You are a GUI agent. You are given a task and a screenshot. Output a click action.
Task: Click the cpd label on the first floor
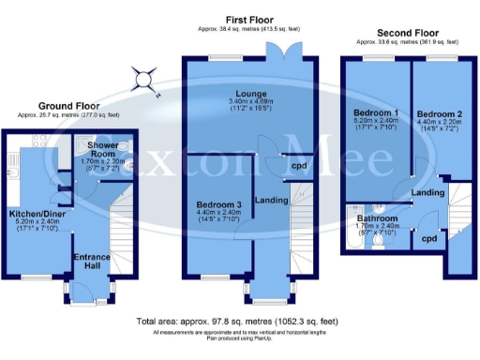pos(298,167)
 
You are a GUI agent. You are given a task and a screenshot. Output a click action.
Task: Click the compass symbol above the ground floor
pos(144,80)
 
